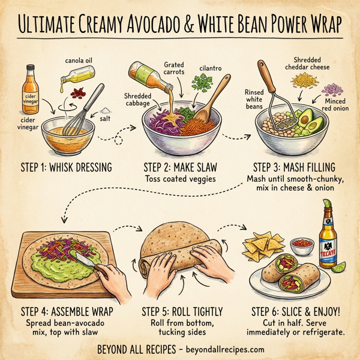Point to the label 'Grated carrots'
pos(173,69)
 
